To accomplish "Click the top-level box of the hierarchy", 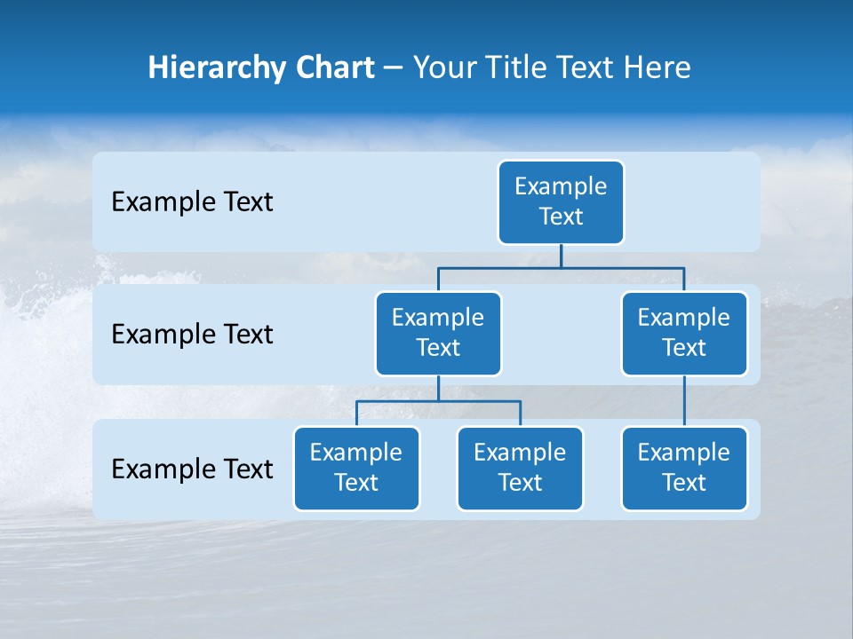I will pos(561,201).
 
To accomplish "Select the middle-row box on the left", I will pos(438,333).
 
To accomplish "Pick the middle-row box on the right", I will pos(684,333).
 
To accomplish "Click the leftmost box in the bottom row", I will pos(356,468).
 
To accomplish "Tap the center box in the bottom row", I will pos(520,468).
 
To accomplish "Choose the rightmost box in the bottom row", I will pos(684,468).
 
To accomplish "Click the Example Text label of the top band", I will pos(192,202).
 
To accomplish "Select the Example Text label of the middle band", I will pos(192,335).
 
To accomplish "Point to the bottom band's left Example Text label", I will pos(192,469).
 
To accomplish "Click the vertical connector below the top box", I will pos(561,256).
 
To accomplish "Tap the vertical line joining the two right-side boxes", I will pos(684,401).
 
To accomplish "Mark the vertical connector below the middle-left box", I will pos(438,388).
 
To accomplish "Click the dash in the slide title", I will pos(394,68).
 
